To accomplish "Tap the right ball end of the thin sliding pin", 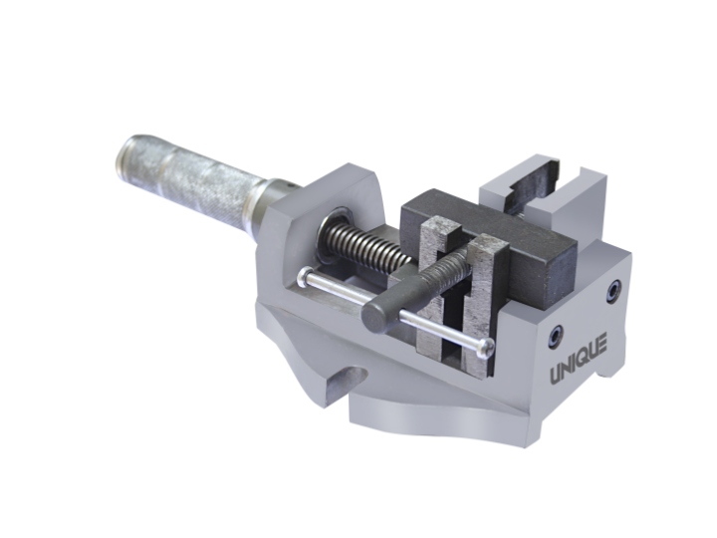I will click(485, 347).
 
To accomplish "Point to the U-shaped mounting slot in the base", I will click(349, 382).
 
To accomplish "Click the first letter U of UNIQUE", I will click(558, 376).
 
